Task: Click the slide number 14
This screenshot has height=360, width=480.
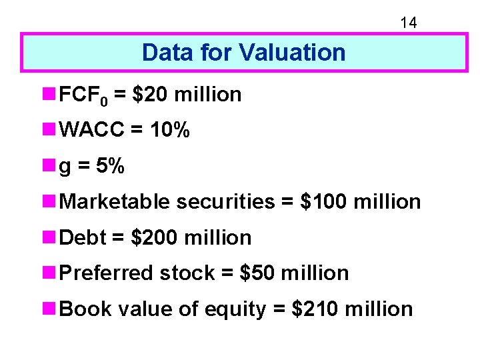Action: click(x=408, y=23)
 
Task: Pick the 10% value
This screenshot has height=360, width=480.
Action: click(x=169, y=131)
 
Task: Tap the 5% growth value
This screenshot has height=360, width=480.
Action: click(x=109, y=166)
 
